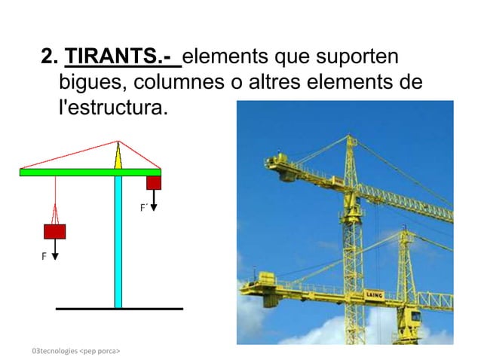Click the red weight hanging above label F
(x=54, y=231)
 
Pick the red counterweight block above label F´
(x=154, y=182)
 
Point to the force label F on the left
(x=44, y=257)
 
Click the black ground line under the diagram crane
(x=119, y=309)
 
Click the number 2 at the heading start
(x=48, y=57)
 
